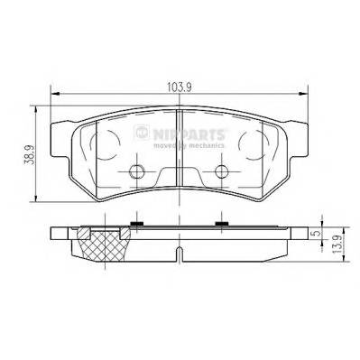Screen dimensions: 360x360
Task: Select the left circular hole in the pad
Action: [x=136, y=174]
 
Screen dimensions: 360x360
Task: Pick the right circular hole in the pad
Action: [x=220, y=174]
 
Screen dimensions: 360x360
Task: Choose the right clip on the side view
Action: [x=220, y=223]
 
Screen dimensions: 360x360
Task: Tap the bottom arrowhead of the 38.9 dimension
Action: [x=35, y=200]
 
